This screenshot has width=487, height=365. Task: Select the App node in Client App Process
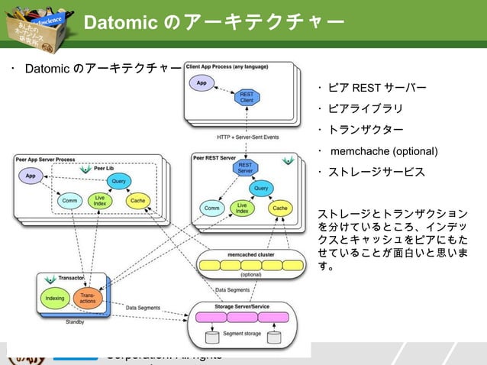(201, 82)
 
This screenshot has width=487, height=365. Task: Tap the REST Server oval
(245, 168)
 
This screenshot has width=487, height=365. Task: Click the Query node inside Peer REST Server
(261, 188)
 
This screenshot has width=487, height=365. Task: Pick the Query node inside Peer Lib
(118, 181)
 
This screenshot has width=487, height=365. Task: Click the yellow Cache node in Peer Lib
(138, 201)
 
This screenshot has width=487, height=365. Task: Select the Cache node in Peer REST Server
(280, 208)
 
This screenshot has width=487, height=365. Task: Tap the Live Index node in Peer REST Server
(242, 208)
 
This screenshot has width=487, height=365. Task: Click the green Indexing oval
(54, 299)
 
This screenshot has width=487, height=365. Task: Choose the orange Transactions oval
(88, 299)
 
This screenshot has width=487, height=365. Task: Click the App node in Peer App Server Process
(31, 176)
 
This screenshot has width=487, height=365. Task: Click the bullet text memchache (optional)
(384, 150)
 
